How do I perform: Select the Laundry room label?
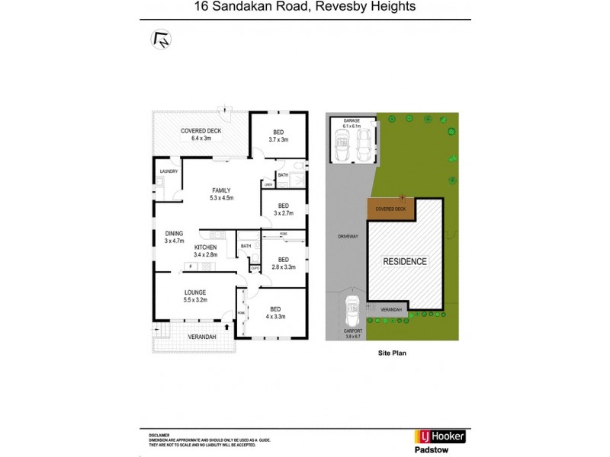coord(169,171)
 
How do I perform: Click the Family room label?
coord(221,194)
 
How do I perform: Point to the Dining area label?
coord(175,237)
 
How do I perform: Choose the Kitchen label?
coord(206,251)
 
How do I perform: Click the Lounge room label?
coord(195,296)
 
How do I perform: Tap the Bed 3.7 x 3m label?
coord(279,136)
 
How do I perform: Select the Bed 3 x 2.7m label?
coord(283,209)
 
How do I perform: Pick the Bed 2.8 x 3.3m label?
coord(283,264)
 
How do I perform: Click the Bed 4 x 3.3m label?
coord(275,312)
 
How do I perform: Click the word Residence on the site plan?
coord(405,261)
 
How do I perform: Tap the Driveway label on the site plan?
coord(348,237)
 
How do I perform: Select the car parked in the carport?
coord(353,311)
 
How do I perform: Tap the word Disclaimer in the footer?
coord(157,432)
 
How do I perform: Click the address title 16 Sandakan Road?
coord(304,8)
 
